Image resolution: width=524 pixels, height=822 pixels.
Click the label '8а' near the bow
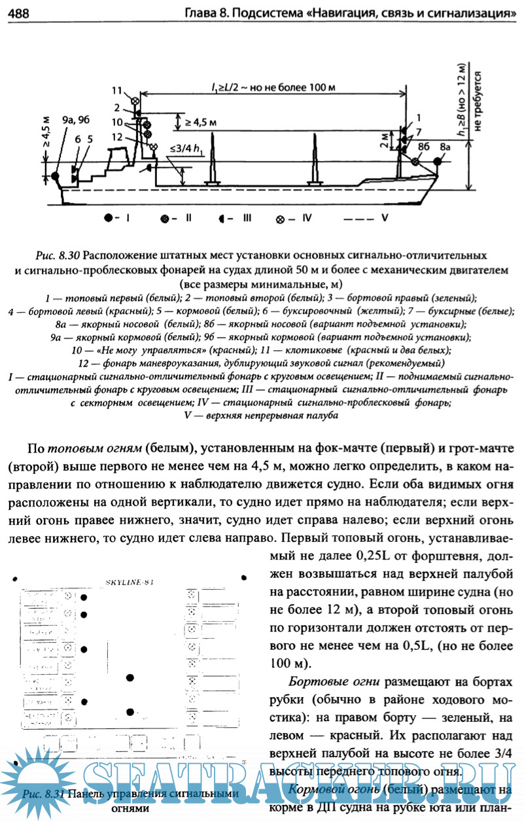click(x=445, y=148)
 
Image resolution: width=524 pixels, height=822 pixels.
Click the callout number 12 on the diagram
click(x=117, y=137)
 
